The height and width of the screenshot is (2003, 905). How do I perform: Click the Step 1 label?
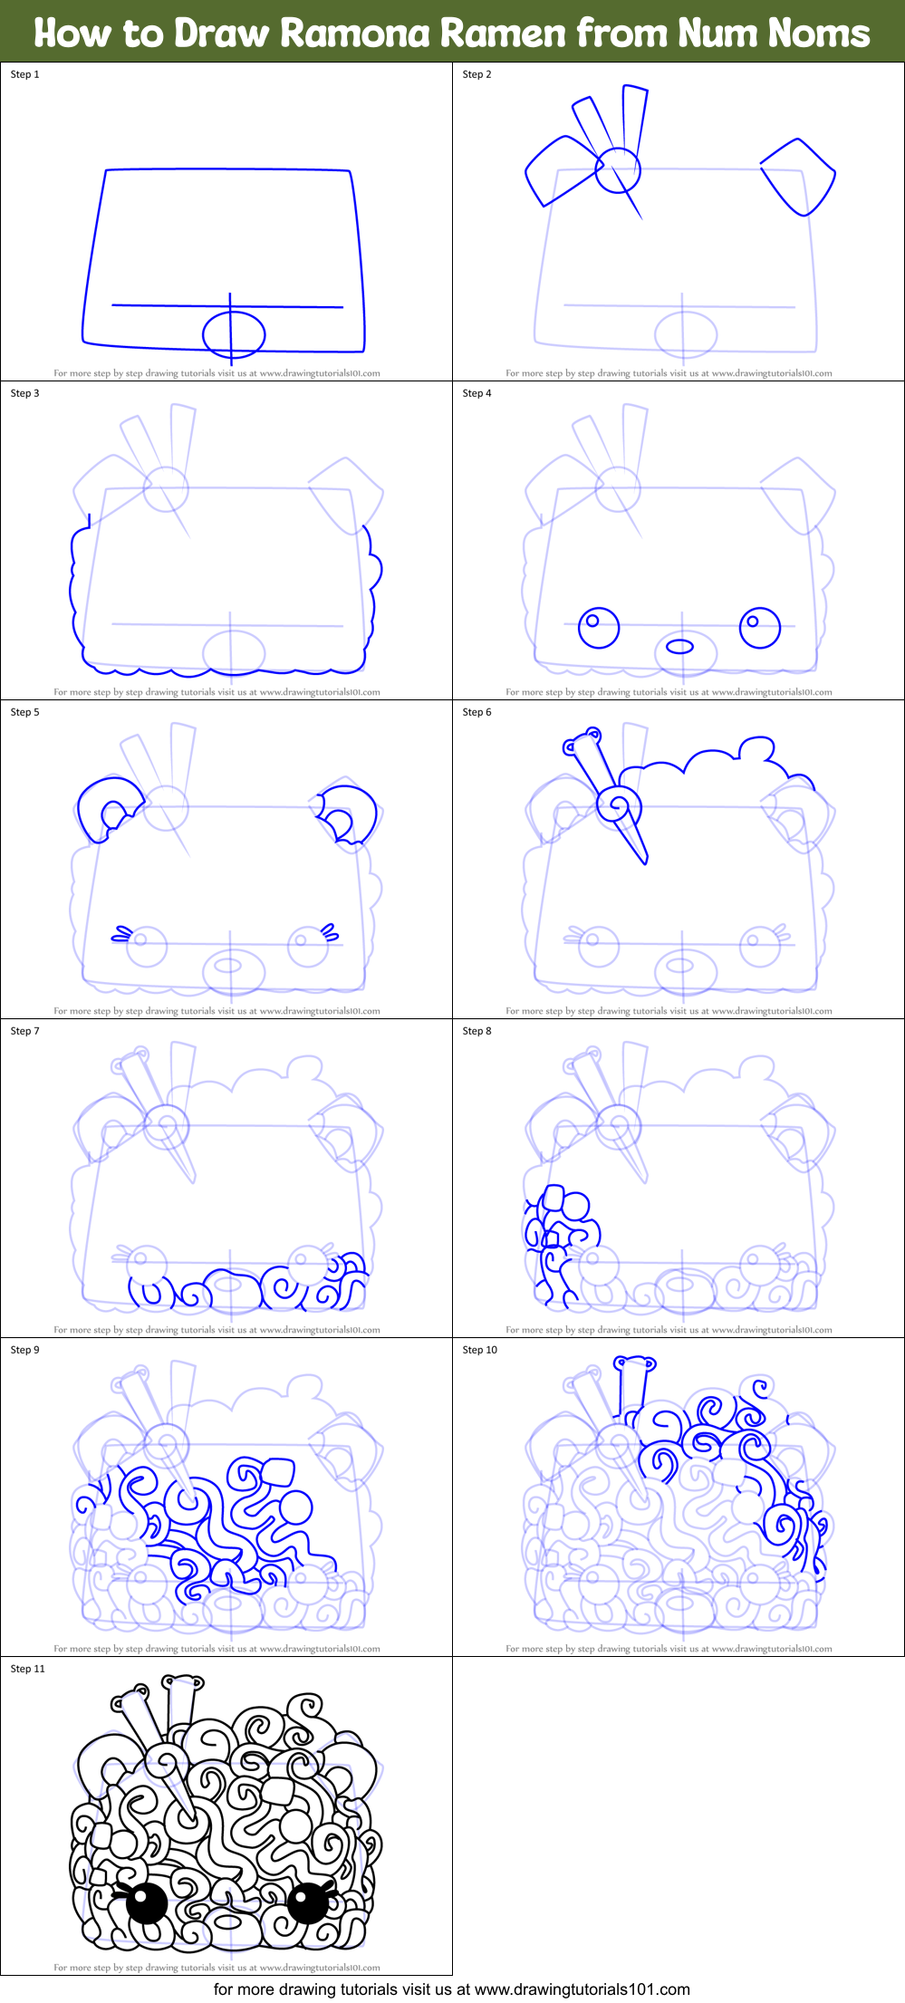pos(25,74)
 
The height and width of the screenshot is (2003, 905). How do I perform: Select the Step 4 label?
pos(477,393)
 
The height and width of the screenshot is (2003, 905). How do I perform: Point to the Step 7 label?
pos(25,1031)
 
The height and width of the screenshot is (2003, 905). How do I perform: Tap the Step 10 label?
pos(480,1350)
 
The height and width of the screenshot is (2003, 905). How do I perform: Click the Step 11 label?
pos(28,1669)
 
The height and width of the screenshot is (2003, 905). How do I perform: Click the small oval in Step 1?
pos(234,334)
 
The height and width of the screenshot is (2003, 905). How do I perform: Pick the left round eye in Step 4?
pos(598,627)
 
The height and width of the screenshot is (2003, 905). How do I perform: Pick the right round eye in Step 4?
pos(759,627)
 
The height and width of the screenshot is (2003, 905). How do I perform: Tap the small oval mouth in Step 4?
pos(679,646)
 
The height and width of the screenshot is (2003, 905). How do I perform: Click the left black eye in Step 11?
pos(146,1902)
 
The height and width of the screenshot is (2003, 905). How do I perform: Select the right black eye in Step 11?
pos(307,1902)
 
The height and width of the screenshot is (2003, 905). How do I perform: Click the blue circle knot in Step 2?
pos(618,169)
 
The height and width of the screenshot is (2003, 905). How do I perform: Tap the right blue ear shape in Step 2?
pos(797,178)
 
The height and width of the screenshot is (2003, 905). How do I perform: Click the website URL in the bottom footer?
pos(582,1989)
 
